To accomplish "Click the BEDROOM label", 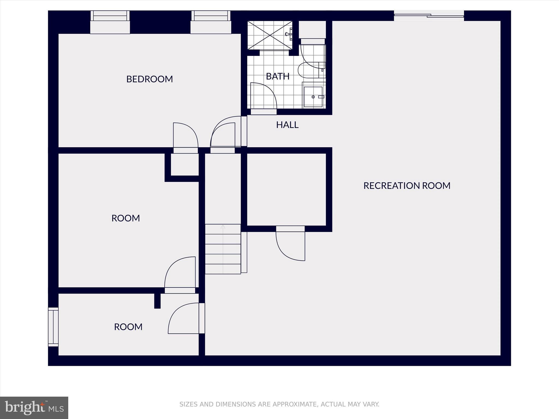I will pyautogui.click(x=149, y=79).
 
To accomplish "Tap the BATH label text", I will pyautogui.click(x=278, y=76).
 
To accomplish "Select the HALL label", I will pyautogui.click(x=287, y=125).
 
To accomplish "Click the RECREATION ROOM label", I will pyautogui.click(x=407, y=186).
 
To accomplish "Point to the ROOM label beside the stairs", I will pyautogui.click(x=126, y=218).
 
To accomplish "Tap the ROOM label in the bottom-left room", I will pyautogui.click(x=128, y=327).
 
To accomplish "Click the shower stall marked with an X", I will pyautogui.click(x=270, y=35).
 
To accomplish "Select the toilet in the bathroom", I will pyautogui.click(x=311, y=70).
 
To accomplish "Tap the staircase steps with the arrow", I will pyautogui.click(x=223, y=249).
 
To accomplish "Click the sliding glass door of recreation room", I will pyautogui.click(x=429, y=16).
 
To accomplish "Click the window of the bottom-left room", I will pyautogui.click(x=53, y=327).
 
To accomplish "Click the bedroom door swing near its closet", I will pyautogui.click(x=185, y=136).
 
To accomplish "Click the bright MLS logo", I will pyautogui.click(x=34, y=408).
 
